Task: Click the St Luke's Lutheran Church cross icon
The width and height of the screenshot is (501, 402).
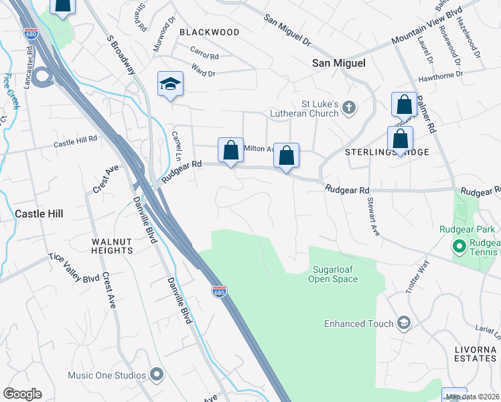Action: pyautogui.click(x=348, y=108)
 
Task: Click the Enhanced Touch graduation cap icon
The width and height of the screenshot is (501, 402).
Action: pyautogui.click(x=403, y=324)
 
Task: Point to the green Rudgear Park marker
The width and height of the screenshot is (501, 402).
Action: pyautogui.click(x=459, y=247)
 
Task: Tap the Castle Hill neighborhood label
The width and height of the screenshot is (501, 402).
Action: pyautogui.click(x=39, y=214)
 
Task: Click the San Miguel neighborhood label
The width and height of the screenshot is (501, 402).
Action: pyautogui.click(x=339, y=63)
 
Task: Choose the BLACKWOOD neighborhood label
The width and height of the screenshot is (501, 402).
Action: pyautogui.click(x=209, y=32)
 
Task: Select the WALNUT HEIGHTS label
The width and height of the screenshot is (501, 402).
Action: pyautogui.click(x=113, y=245)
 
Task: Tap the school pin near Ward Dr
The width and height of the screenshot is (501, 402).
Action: pyautogui.click(x=170, y=84)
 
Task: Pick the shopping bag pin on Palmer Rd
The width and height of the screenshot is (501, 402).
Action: pyautogui.click(x=405, y=105)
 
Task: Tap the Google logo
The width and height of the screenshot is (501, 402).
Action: pyautogui.click(x=22, y=394)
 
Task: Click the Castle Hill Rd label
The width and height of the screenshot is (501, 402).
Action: pyautogui.click(x=76, y=142)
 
